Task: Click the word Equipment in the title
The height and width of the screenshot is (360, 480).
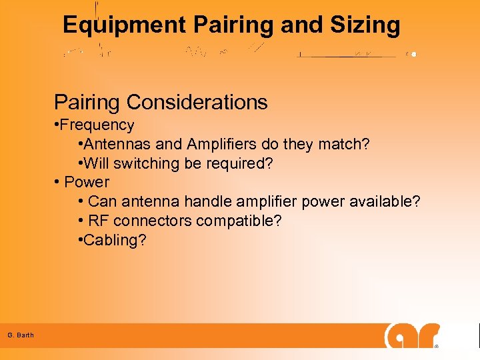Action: point(124,25)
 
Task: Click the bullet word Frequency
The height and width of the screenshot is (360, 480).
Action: point(99,125)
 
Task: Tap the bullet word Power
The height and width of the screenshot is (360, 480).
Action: point(87,182)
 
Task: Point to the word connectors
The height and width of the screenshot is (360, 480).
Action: point(149,221)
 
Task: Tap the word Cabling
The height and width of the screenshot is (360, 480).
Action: point(113,240)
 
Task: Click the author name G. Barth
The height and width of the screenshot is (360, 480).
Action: point(21,335)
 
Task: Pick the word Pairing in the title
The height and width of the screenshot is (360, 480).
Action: point(233,25)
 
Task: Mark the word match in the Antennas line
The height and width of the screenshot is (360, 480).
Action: point(343,144)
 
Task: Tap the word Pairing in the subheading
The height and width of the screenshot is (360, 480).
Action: point(87,102)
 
